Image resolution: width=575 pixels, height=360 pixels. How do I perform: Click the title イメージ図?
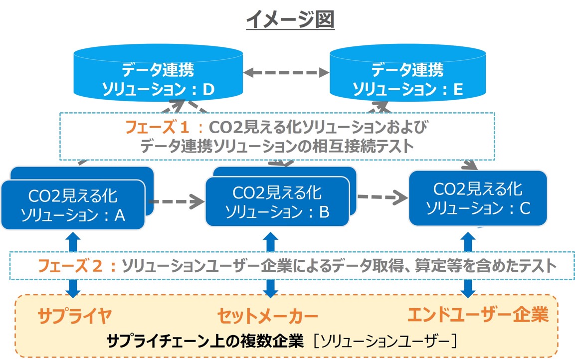pyautogui.click(x=290, y=20)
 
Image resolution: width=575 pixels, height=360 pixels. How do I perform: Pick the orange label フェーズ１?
pyautogui.click(x=157, y=128)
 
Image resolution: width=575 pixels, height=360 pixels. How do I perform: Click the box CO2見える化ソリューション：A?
pyautogui.click(x=73, y=204)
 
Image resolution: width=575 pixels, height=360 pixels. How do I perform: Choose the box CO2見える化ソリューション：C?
pyautogui.click(x=477, y=198)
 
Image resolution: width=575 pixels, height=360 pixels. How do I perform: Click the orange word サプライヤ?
pyautogui.click(x=74, y=315)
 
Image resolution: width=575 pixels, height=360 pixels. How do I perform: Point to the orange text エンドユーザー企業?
pyautogui.click(x=477, y=315)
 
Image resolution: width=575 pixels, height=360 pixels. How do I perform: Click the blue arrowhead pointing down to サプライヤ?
pyautogui.click(x=73, y=291)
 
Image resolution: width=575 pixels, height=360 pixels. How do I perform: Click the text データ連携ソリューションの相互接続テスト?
pyautogui.click(x=277, y=146)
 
